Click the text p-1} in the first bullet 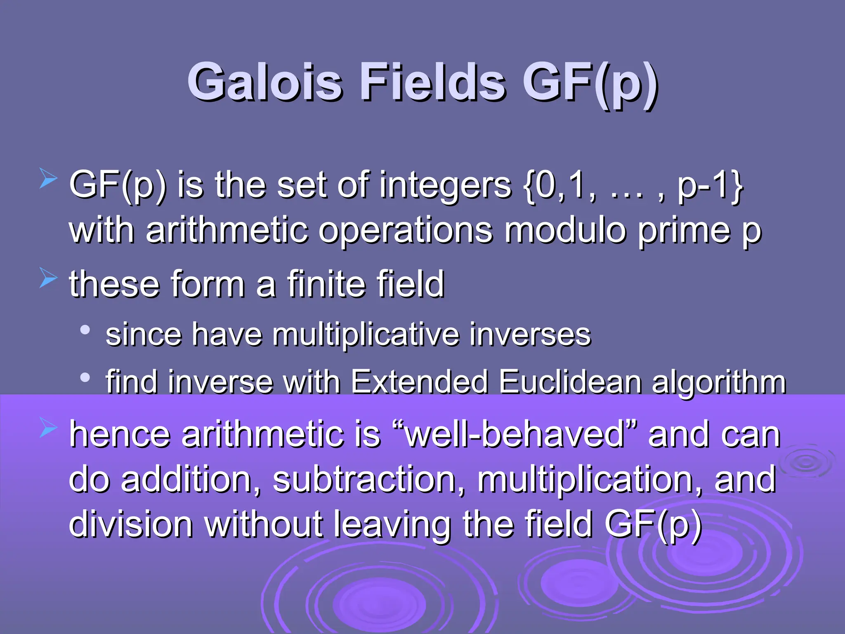coord(710,186)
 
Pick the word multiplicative coord(365,334)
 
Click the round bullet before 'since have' coord(85,330)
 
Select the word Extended coord(419,382)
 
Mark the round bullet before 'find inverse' coord(85,377)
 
